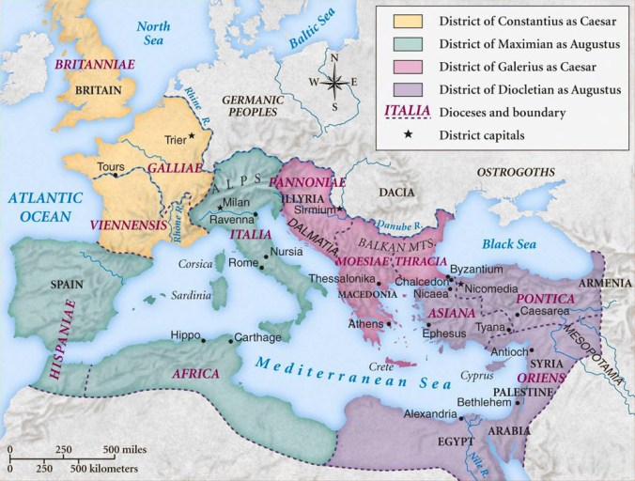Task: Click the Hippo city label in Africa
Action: (187, 335)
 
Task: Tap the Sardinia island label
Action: (192, 295)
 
